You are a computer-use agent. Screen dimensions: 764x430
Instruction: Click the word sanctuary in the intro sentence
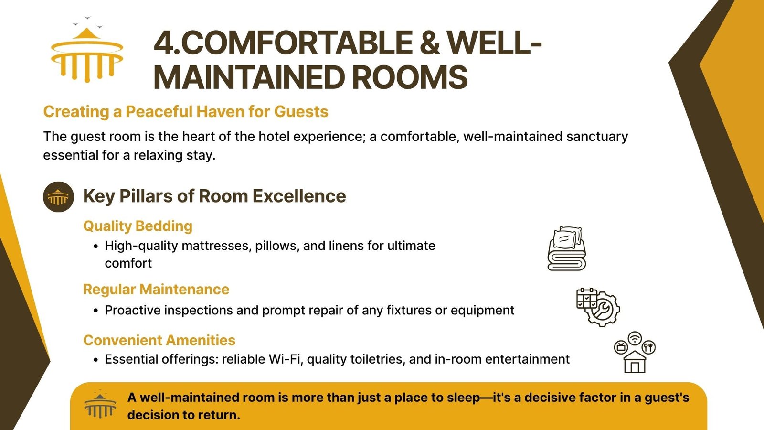(597, 136)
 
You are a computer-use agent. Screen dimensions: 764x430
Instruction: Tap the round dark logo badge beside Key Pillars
(58, 197)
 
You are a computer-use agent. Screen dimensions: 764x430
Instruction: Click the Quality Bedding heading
(138, 226)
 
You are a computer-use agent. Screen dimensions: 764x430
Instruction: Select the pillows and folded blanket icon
(566, 248)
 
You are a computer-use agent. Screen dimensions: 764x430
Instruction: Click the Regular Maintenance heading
(156, 290)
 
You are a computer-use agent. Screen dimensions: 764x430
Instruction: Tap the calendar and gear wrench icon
(598, 307)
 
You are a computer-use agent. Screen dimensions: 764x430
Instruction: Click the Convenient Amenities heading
(159, 340)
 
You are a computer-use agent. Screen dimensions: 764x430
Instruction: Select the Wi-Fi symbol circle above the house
(635, 338)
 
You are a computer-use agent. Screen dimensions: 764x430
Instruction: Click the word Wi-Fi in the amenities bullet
(286, 359)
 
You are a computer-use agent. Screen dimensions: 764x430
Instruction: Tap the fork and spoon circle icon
(649, 347)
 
